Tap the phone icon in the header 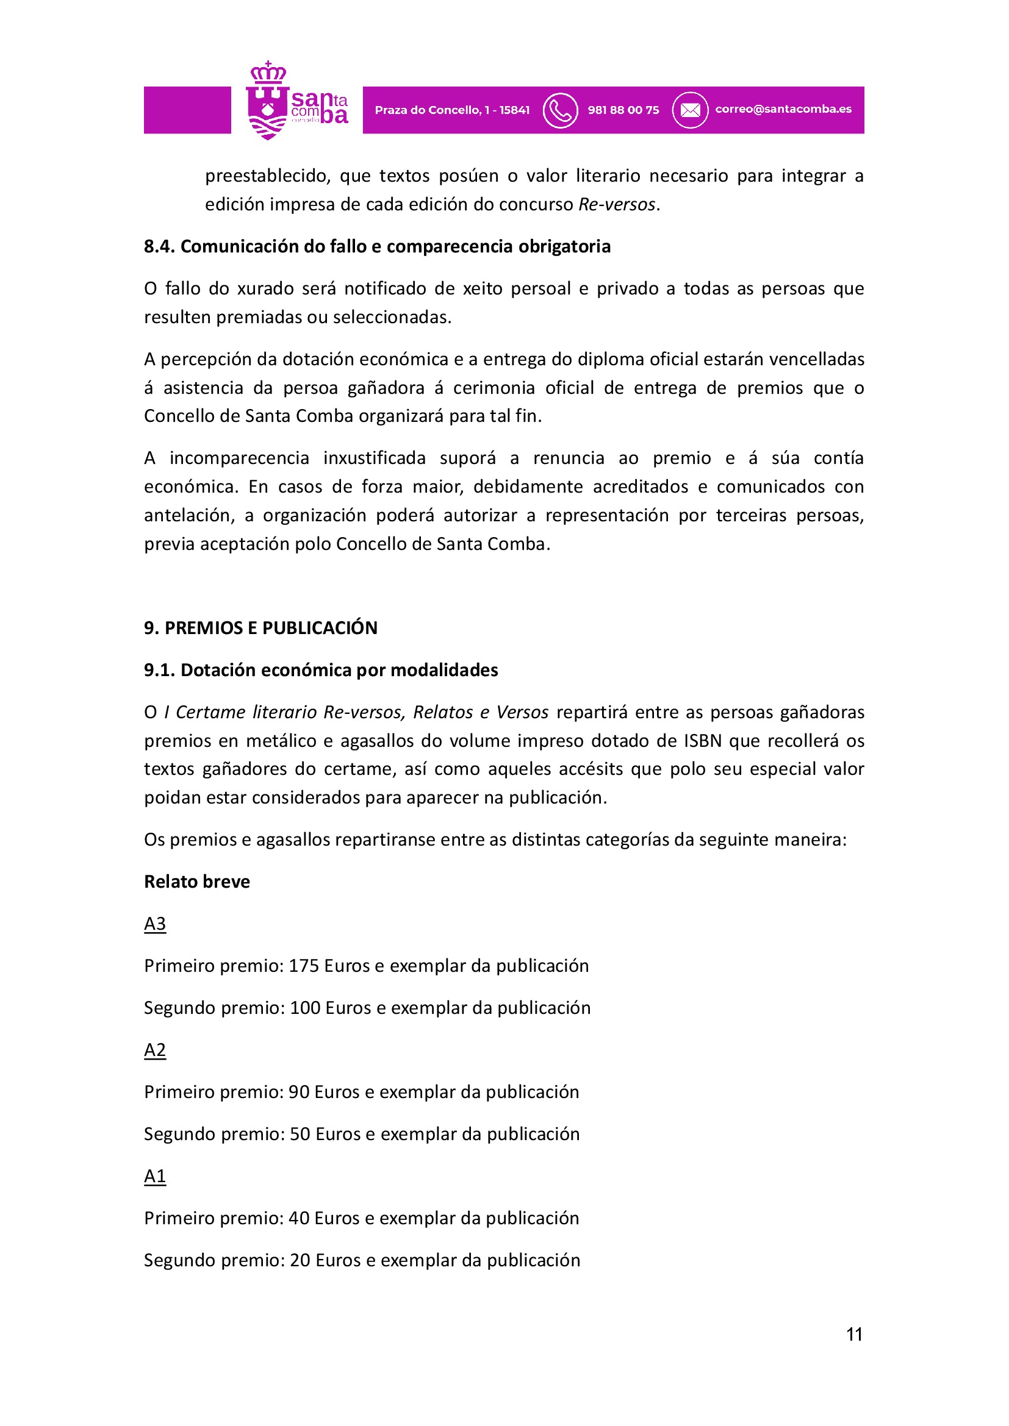click(560, 110)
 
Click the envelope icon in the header click(690, 110)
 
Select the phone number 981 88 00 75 click(623, 110)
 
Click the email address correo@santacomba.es click(783, 109)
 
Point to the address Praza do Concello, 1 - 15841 click(452, 110)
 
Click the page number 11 click(854, 1334)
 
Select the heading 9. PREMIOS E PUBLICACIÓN click(260, 628)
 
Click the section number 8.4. click(160, 246)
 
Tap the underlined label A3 click(155, 924)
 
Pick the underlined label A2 click(155, 1050)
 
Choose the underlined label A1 click(155, 1175)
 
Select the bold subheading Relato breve click(197, 882)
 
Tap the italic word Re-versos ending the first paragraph click(616, 204)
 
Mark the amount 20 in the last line click(300, 1260)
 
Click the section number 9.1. click(160, 670)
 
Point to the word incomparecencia click(239, 458)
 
